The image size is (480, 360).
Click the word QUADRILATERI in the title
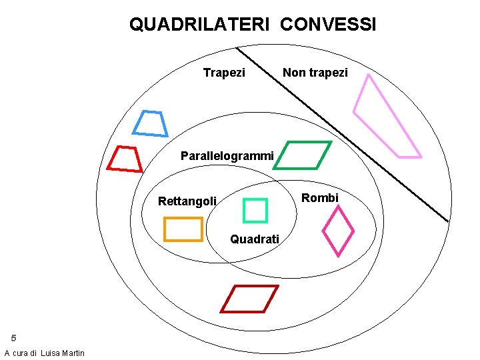click(x=199, y=25)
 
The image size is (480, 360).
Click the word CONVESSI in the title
click(x=328, y=25)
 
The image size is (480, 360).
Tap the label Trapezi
click(x=224, y=72)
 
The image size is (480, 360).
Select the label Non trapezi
click(x=315, y=72)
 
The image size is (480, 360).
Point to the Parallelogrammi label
click(x=227, y=156)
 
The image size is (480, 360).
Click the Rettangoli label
click(x=187, y=201)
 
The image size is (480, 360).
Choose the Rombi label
click(x=320, y=198)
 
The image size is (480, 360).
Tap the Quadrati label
click(x=255, y=239)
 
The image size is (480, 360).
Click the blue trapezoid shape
click(x=150, y=123)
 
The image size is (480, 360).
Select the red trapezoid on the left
click(x=125, y=159)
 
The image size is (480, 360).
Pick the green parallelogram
click(x=303, y=155)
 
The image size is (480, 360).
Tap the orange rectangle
click(x=183, y=229)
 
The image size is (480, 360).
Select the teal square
click(x=255, y=210)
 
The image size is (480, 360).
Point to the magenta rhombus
click(x=338, y=230)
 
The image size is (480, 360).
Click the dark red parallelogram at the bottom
click(x=249, y=299)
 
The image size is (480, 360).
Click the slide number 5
click(x=13, y=338)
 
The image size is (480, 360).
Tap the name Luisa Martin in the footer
click(x=63, y=353)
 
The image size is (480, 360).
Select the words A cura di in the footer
click(x=21, y=353)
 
